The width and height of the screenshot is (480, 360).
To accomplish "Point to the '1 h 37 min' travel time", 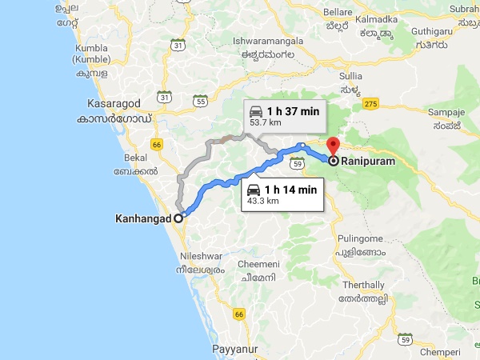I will (x=293, y=111).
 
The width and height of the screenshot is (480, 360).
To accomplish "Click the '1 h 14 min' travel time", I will (x=290, y=189).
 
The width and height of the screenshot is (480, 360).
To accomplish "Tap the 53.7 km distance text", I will (x=265, y=124).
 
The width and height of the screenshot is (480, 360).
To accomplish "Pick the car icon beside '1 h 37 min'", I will (x=256, y=111).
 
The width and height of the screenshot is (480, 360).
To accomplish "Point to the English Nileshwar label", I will (x=201, y=258).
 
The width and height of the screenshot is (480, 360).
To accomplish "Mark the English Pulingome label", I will (x=361, y=238).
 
